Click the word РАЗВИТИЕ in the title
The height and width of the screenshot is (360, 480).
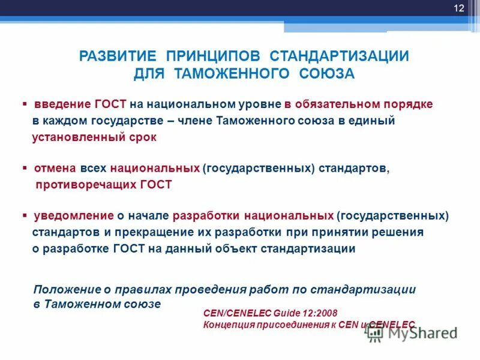point(118,56)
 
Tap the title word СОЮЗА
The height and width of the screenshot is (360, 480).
point(326,74)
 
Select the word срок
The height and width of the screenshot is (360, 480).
point(142,137)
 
